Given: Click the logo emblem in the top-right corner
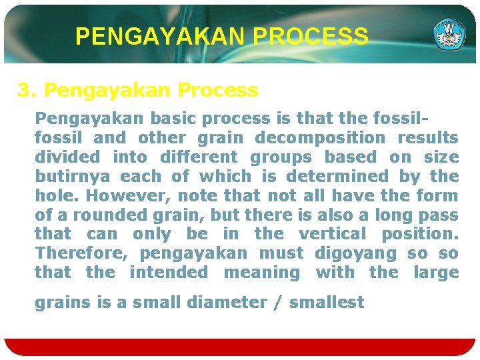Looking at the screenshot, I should [x=449, y=35].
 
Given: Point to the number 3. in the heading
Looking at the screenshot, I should [x=27, y=89].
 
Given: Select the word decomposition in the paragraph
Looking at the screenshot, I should [x=320, y=138].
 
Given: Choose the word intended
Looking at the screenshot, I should [x=169, y=273].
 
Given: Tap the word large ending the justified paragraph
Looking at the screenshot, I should [x=436, y=273].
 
